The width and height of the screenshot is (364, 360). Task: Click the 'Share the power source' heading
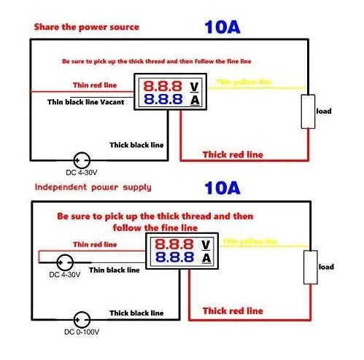click(85, 28)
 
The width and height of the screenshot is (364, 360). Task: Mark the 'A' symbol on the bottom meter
click(206, 258)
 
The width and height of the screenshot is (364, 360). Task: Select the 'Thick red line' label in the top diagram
click(232, 154)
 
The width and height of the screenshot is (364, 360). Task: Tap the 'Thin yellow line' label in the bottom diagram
click(250, 240)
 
